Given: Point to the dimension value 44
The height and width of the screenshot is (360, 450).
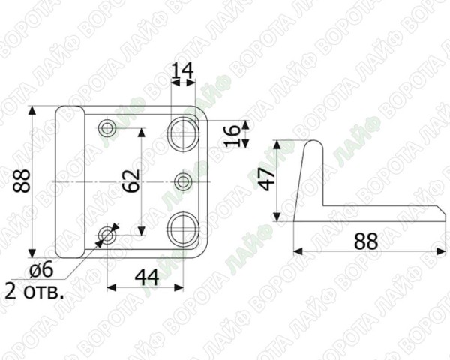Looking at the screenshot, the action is pyautogui.click(x=147, y=277).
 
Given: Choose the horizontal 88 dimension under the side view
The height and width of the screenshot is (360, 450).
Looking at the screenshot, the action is pyautogui.click(x=366, y=241).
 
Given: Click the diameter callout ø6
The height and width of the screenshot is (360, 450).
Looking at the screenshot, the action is pyautogui.click(x=41, y=270).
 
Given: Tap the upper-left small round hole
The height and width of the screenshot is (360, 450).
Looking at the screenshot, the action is pyautogui.click(x=107, y=128).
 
